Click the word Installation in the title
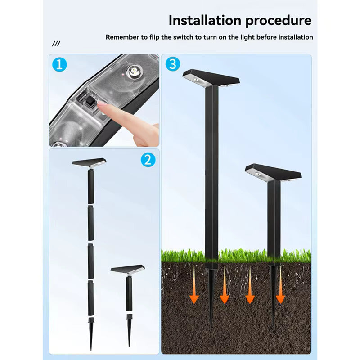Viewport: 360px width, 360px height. pyautogui.click(x=205, y=20)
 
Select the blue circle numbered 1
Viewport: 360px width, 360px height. pyautogui.click(x=59, y=64)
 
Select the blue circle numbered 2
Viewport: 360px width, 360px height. pyautogui.click(x=148, y=160)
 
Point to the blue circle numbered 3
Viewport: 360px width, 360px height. pyautogui.click(x=173, y=64)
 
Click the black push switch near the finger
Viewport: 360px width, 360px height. pyautogui.click(x=89, y=102)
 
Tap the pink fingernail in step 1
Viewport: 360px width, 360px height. pyautogui.click(x=102, y=104)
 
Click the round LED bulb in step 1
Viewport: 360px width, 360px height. pyautogui.click(x=134, y=71)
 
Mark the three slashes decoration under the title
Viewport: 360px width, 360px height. pyautogui.click(x=56, y=44)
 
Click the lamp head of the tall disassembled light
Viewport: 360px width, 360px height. pyautogui.click(x=89, y=162)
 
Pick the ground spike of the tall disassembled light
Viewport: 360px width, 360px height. pyautogui.click(x=91, y=333)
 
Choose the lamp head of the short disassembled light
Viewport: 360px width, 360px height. pyautogui.click(x=128, y=270)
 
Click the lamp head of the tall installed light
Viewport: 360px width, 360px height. pyautogui.click(x=211, y=78)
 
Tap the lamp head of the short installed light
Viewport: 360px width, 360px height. pyautogui.click(x=273, y=172)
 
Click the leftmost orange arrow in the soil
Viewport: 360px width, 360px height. pyautogui.click(x=194, y=285)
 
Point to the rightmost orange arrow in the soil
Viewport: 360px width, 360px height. pyautogui.click(x=280, y=285)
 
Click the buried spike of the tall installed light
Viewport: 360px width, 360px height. pyautogui.click(x=211, y=296)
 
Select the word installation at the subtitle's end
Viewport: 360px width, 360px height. pyautogui.click(x=296, y=37)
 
